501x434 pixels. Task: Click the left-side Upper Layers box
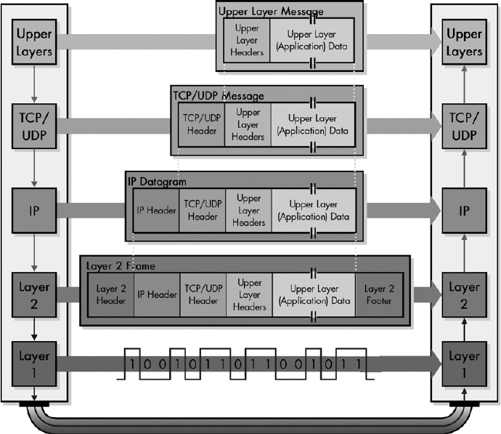(x=34, y=43)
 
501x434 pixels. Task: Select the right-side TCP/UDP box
(x=465, y=126)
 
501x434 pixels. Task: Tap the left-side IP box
(x=34, y=210)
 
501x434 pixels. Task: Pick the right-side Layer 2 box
(x=465, y=294)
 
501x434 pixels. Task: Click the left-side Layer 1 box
(x=34, y=366)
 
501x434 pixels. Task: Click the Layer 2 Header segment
(x=111, y=294)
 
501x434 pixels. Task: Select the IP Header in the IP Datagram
(x=156, y=211)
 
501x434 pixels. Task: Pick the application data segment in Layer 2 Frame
(x=314, y=294)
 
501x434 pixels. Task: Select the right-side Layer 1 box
(x=465, y=366)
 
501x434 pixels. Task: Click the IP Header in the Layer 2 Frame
(x=156, y=294)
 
